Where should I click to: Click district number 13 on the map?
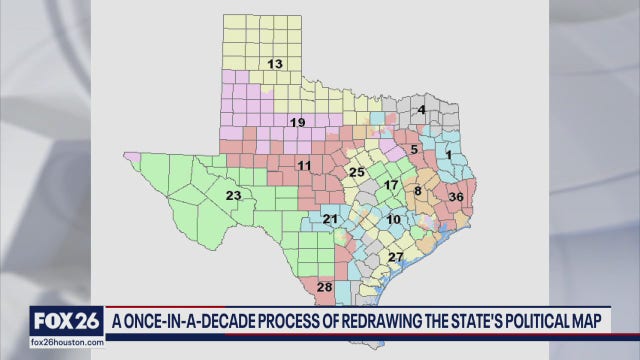click(274, 64)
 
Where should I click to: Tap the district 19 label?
click(297, 123)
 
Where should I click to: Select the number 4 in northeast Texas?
click(422, 109)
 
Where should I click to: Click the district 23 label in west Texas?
click(233, 195)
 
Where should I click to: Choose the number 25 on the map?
click(356, 173)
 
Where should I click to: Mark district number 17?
click(392, 185)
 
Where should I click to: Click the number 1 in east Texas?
click(449, 155)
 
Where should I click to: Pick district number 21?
click(330, 218)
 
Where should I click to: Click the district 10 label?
click(394, 218)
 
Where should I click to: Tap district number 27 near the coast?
click(395, 257)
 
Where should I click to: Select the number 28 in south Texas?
click(324, 288)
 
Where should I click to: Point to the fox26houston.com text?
click(66, 343)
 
